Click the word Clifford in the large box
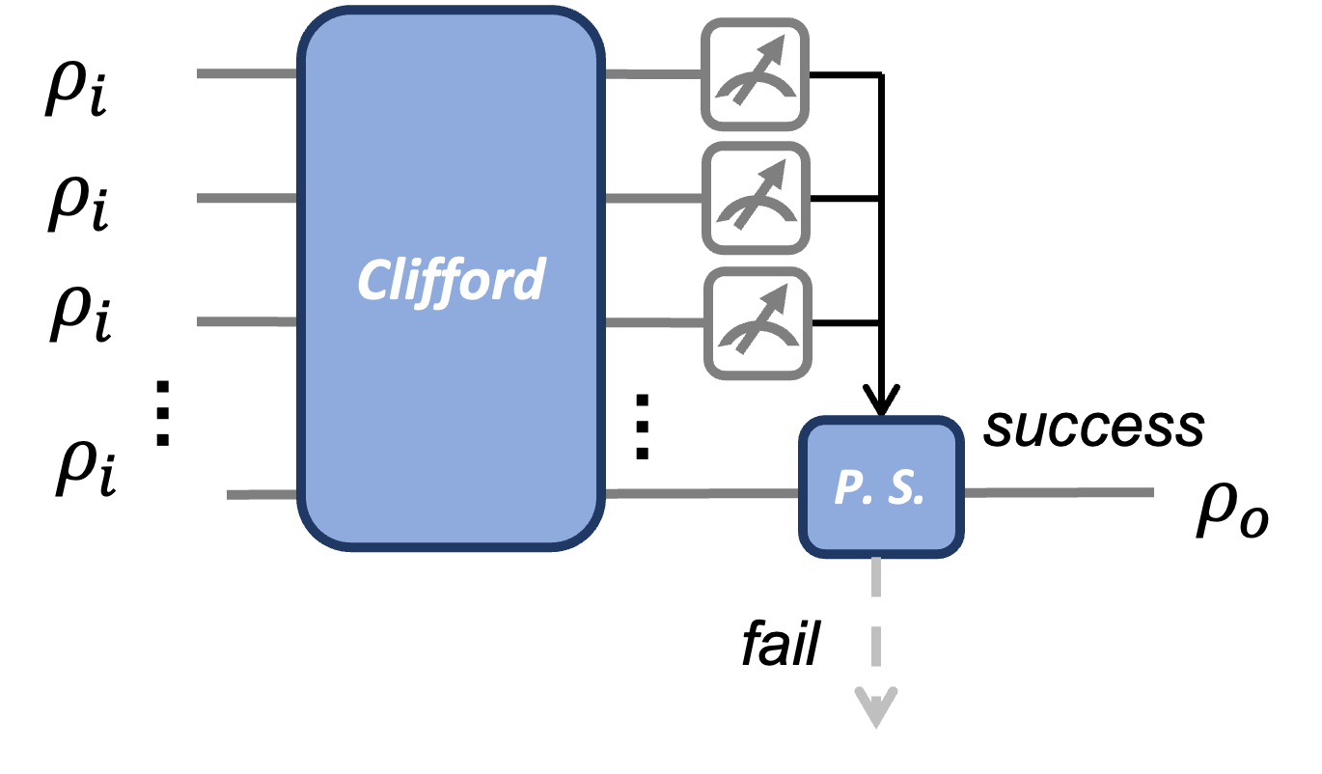pyautogui.click(x=451, y=281)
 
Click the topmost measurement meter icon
pyautogui.click(x=755, y=74)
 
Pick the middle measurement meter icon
pyautogui.click(x=756, y=198)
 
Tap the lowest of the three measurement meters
pyautogui.click(x=757, y=323)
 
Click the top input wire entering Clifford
pyautogui.click(x=247, y=73)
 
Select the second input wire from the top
pyautogui.click(x=247, y=198)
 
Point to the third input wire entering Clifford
pyautogui.click(x=247, y=321)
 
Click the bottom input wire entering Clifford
pyautogui.click(x=262, y=494)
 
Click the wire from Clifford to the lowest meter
pyautogui.click(x=654, y=322)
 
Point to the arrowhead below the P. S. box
pyautogui.click(x=876, y=708)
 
